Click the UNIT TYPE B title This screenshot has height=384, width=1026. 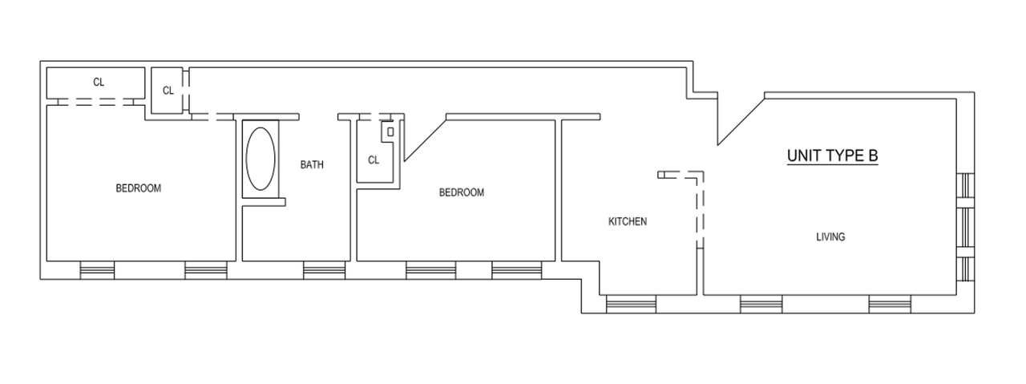(832, 156)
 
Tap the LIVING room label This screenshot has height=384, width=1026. (830, 237)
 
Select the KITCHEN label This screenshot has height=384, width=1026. (628, 221)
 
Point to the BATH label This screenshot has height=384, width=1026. (312, 164)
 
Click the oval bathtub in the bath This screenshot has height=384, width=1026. (261, 159)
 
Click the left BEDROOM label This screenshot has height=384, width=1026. (139, 188)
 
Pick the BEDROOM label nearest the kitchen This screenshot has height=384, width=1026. (461, 192)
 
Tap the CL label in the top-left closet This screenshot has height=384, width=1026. (99, 82)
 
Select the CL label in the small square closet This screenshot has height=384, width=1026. (168, 91)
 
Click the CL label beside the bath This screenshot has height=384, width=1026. (374, 160)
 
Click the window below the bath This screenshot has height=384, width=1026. (325, 270)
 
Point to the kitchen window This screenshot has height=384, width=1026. (631, 305)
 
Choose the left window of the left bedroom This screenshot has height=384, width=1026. (97, 270)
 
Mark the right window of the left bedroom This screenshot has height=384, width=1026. (206, 270)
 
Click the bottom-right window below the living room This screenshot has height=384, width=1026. (890, 305)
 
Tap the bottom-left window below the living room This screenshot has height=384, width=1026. (761, 305)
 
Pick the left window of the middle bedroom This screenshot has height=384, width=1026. (431, 270)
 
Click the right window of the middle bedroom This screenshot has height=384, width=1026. (517, 270)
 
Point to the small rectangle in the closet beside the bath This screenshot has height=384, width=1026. (390, 132)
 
